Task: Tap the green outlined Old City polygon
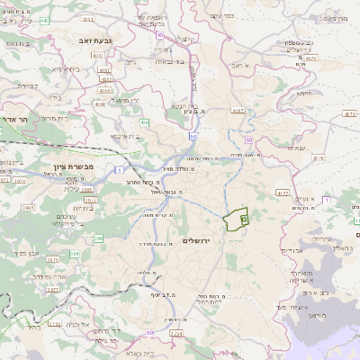pos(236,219)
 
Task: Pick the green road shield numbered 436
pos(145,121)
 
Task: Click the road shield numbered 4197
pos(238,110)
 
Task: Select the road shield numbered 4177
pos(281,193)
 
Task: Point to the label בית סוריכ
pos(64,117)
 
